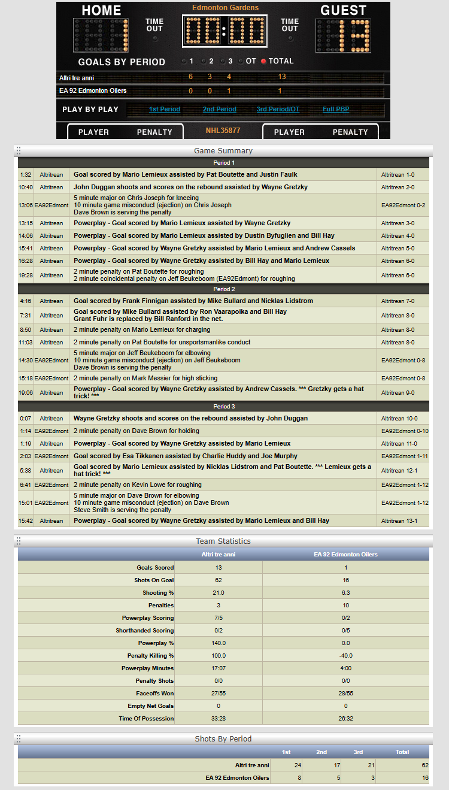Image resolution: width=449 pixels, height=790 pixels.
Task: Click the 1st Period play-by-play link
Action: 165,110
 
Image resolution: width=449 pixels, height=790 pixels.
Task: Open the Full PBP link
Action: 336,110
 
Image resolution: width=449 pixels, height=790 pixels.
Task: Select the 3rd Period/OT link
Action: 278,110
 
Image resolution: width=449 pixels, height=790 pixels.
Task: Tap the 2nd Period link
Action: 219,110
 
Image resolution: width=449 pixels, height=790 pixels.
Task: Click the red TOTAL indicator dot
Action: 263,61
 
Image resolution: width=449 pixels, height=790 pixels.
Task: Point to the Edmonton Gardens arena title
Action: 225,8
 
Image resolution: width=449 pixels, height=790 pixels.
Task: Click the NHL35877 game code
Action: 223,131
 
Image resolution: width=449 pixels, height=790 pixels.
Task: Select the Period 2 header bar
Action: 223,289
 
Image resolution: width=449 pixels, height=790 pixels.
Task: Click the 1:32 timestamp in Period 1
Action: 25,175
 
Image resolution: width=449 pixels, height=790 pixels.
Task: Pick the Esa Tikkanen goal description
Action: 186,456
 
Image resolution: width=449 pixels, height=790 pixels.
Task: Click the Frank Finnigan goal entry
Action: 193,301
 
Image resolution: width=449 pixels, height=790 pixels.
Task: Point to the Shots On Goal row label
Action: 154,580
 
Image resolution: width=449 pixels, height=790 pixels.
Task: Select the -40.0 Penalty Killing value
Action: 345,656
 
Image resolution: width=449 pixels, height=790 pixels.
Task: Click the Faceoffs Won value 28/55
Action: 345,694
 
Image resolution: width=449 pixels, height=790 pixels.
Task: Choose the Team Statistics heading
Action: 223,541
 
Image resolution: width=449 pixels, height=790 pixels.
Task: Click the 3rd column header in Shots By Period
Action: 357,752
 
